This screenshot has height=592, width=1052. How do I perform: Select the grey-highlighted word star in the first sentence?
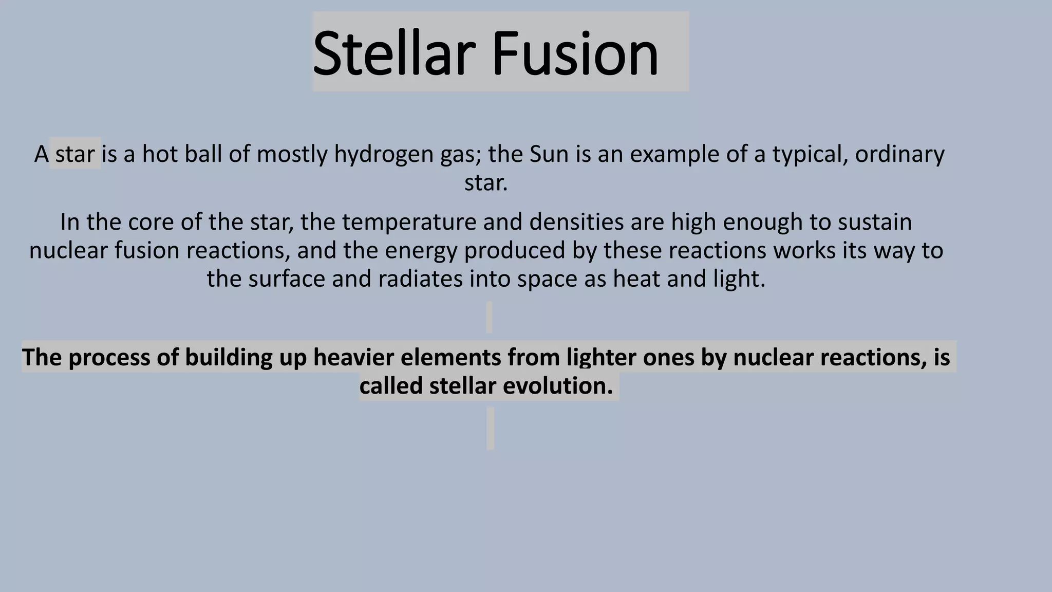75,154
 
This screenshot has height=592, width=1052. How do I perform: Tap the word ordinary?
899,154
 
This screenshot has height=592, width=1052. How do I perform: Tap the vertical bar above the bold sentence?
489,317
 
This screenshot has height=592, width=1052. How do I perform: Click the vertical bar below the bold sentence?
491,429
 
